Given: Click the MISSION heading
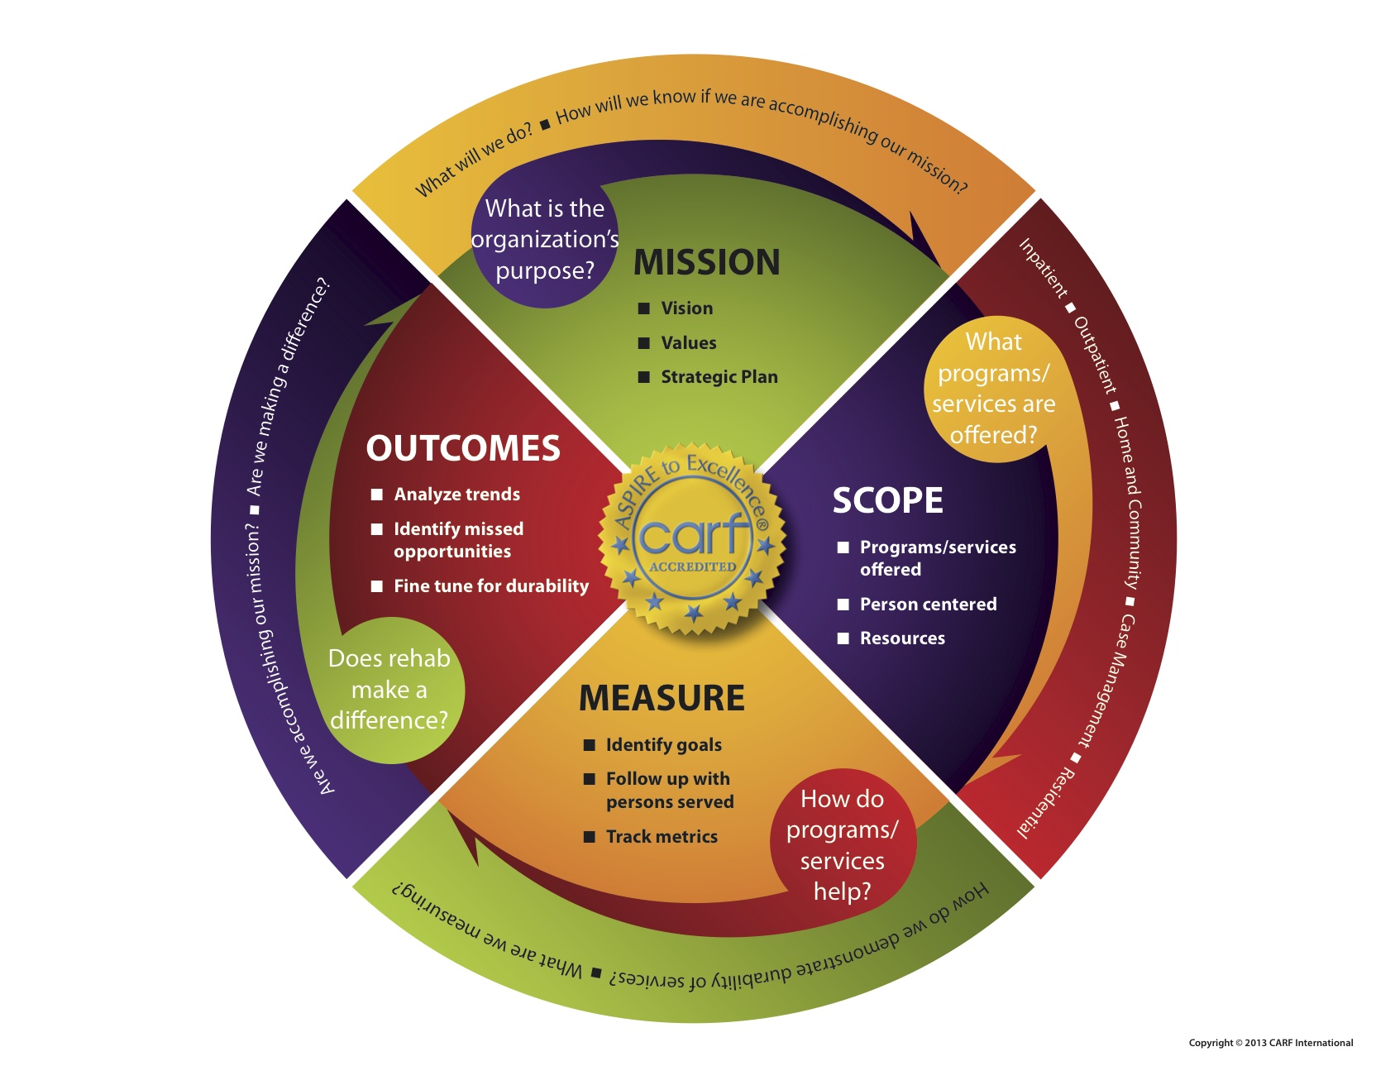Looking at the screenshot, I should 706,262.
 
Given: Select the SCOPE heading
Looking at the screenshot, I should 887,500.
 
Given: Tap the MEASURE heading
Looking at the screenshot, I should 662,698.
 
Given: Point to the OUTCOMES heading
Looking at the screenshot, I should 463,448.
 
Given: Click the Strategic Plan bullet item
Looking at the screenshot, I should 719,377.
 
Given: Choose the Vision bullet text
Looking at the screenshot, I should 686,308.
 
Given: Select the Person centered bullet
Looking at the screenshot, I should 928,605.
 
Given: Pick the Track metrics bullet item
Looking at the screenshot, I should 662,837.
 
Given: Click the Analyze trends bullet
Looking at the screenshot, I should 456,495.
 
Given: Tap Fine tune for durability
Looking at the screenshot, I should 491,586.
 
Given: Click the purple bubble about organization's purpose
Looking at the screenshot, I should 544,240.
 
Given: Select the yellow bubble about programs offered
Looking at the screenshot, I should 993,389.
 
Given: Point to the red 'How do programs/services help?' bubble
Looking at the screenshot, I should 842,845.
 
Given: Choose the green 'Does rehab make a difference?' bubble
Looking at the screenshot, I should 389,690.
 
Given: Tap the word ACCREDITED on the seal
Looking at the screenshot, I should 692,567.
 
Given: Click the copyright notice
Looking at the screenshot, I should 1270,1043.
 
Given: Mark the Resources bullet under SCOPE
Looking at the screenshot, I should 902,638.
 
